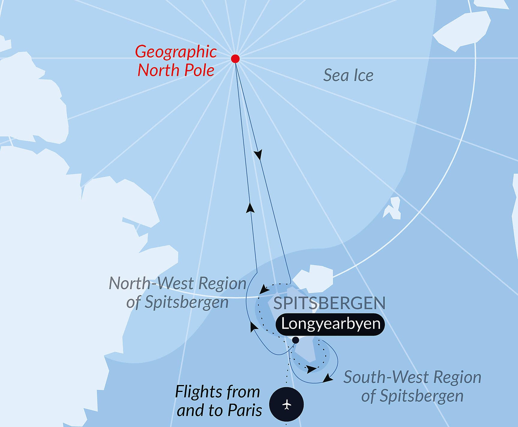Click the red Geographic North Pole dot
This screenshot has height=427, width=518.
235,59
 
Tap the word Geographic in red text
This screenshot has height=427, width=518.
176,52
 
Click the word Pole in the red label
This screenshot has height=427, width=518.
199,70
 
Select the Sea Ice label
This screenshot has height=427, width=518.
348,75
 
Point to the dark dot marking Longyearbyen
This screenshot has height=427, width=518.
296,340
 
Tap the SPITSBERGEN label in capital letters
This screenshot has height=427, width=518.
329,303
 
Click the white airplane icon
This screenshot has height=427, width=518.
287,405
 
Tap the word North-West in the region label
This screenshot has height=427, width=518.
152,283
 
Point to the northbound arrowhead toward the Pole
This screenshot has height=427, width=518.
250,208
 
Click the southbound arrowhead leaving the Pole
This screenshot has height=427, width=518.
258,155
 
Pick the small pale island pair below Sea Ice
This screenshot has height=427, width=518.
392,208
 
